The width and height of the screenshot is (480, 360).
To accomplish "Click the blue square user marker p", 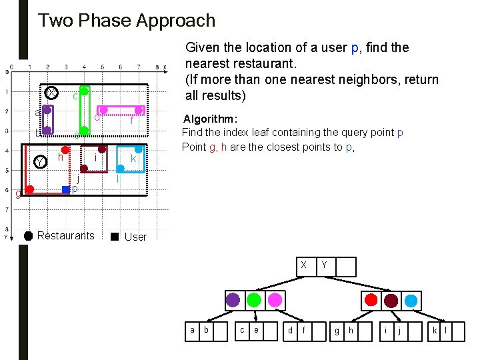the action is coord(65,190).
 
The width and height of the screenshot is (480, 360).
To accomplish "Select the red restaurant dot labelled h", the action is coord(65,149).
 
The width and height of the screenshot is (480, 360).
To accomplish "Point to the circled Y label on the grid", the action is coord(41,162).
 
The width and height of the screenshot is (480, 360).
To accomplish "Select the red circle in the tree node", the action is coord(371,299).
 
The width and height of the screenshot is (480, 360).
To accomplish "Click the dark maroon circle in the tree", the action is coord(391,299).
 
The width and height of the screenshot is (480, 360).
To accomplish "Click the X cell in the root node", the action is coord(303,265).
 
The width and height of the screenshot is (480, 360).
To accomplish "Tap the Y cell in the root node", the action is coord(324,265).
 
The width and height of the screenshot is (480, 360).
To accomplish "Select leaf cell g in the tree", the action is coord(337,330).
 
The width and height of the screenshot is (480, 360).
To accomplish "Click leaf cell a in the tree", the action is coord(193,330).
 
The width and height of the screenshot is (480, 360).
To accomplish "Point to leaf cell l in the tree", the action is coord(445,330).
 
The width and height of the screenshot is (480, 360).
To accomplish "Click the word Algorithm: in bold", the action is coord(209,119).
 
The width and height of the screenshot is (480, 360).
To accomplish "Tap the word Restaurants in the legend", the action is coord(66,235).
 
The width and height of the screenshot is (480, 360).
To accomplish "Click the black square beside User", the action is coord(115,236).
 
